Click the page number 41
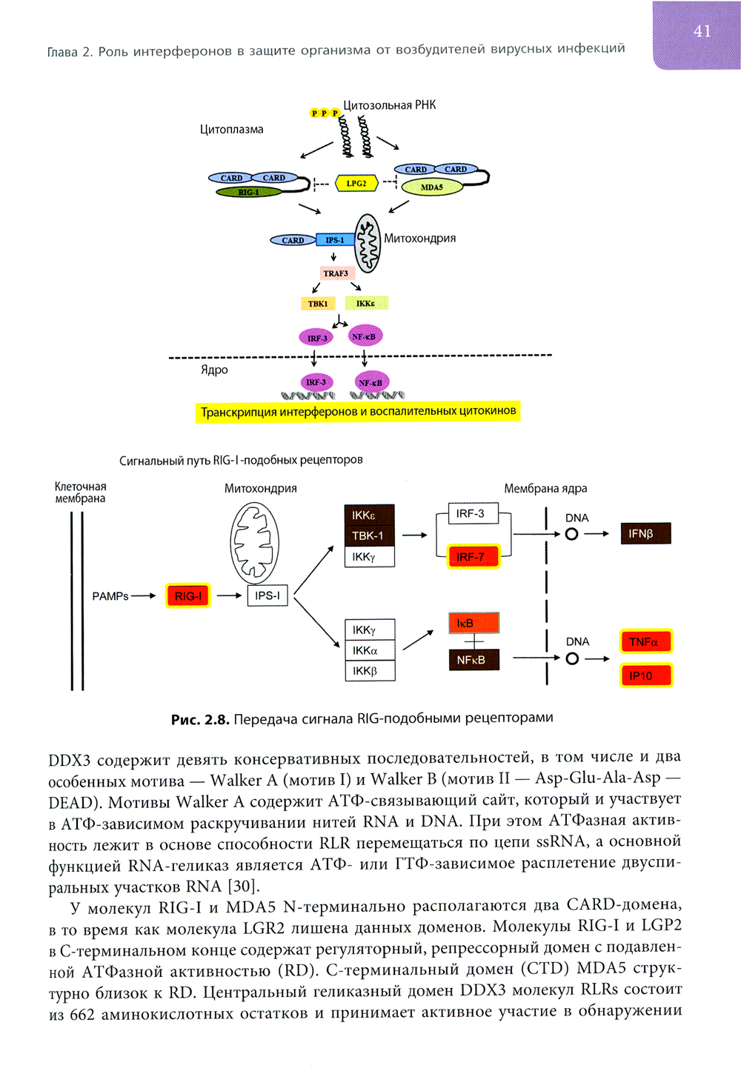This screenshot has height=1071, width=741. coord(702,31)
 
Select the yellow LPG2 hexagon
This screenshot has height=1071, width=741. coord(356,183)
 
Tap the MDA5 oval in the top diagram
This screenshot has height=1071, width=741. coord(431,187)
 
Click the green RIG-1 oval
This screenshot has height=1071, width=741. coord(248,193)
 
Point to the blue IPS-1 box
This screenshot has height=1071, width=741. coord(334,240)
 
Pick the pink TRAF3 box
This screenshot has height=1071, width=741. coord(336,273)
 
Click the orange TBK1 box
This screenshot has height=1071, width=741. coord(318,304)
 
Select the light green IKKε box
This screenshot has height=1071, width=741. coord(366,304)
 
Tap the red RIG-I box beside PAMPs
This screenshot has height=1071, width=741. coord(188,596)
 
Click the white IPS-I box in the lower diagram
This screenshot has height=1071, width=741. coord(268,595)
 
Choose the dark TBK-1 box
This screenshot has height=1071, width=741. coord(369,535)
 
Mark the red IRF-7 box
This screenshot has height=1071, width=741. coord(473,556)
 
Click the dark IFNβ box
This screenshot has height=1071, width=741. coord(645,533)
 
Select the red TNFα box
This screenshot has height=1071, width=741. coord(645,641)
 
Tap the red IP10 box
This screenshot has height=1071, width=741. coord(645,675)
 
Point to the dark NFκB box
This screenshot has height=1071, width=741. coord(473,660)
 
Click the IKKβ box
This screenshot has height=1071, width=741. coord(369,671)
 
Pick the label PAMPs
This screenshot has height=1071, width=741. coord(110,596)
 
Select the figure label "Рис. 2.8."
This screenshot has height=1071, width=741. coord(199,719)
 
